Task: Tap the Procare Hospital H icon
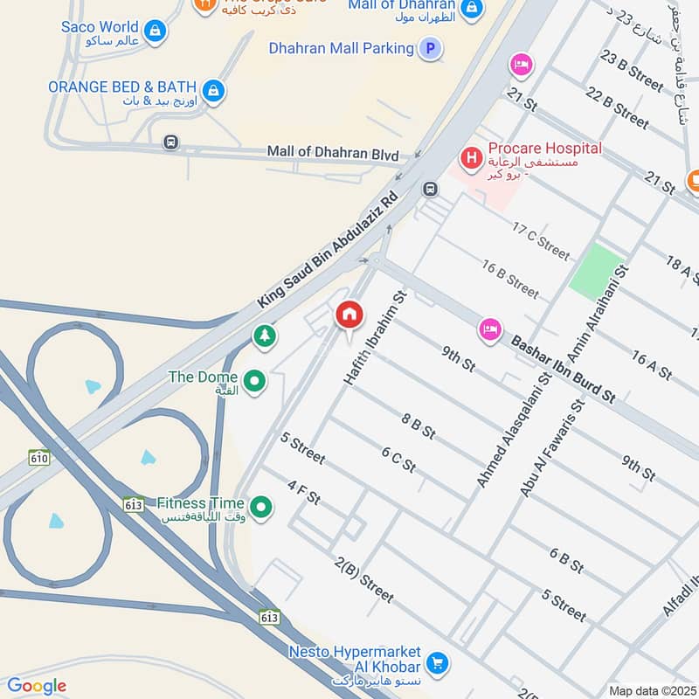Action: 472,158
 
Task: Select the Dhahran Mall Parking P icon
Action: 429,49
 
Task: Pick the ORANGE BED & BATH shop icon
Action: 212,89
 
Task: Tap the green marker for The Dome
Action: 254,381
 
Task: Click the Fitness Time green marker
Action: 260,506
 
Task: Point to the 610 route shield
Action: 38,457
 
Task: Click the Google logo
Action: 37,686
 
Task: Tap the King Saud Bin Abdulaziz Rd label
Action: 327,249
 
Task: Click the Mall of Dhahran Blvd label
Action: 333,153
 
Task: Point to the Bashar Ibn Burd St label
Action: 564,367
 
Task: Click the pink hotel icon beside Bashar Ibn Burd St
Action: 490,329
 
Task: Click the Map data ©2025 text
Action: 652,690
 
